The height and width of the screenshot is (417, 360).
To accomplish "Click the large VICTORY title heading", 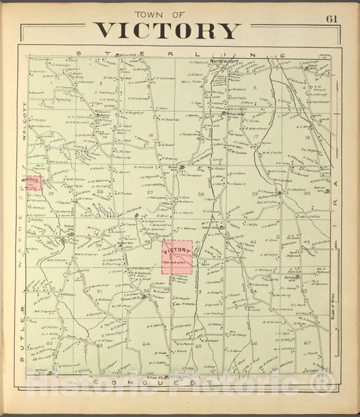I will click(x=167, y=30).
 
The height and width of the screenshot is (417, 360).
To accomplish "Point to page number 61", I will click(x=332, y=18).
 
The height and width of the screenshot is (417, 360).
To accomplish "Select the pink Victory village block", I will click(x=177, y=257).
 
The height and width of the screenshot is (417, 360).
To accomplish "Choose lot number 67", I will click(x=307, y=343).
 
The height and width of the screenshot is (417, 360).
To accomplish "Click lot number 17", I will click(x=257, y=137).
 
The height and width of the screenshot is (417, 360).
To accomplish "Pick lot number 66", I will click(x=254, y=343).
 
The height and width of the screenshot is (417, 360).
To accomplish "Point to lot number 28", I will click(x=201, y=195).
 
